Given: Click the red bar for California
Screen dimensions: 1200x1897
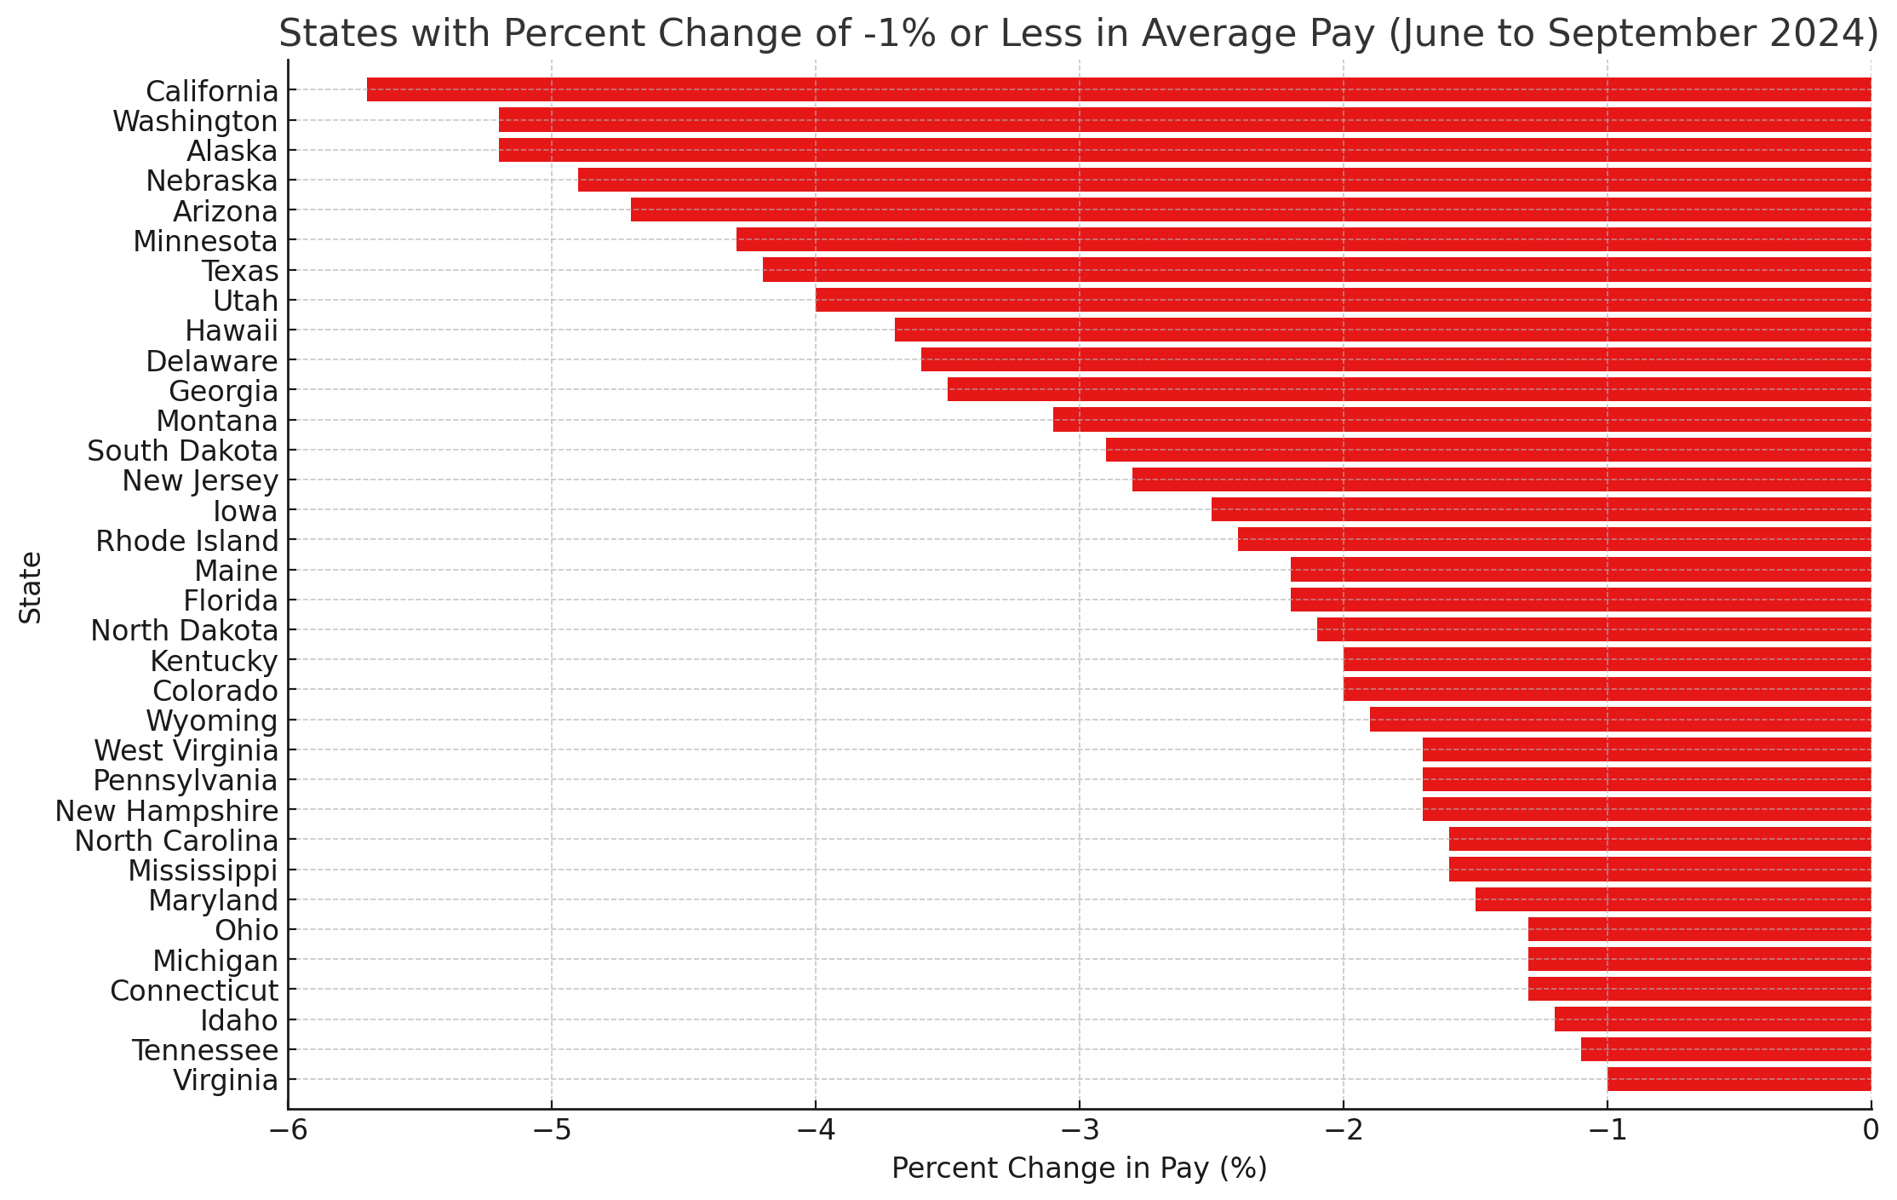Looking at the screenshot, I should [1119, 89].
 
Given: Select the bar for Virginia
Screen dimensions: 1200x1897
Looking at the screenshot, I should [1739, 1079].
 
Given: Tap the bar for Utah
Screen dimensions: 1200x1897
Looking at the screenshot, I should [1343, 300].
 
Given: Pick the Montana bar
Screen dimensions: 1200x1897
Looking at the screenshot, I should [1462, 420].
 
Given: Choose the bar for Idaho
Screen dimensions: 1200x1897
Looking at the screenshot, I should [1712, 1019].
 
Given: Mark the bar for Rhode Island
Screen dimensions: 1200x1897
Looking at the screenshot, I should [1554, 539].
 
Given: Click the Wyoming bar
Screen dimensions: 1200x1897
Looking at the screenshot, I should [1620, 720].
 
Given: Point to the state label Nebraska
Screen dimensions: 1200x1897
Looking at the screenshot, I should [212, 181].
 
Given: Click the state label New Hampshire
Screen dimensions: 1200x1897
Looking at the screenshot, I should [167, 812].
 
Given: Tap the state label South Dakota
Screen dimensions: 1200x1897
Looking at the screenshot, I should [183, 451].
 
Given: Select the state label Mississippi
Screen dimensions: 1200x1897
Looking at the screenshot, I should [203, 871].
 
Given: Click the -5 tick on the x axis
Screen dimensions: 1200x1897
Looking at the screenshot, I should [551, 1130].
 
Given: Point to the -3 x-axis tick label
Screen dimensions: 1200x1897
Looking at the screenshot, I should [1079, 1130].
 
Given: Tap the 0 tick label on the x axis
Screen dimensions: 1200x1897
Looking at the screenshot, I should [1871, 1130].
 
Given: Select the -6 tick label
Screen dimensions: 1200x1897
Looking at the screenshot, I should [288, 1130].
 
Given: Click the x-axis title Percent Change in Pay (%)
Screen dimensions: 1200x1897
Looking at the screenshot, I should [1079, 1168].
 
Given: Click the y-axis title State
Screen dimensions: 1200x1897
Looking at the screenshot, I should [31, 588].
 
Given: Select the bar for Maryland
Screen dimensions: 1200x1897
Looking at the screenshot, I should [1673, 899].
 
